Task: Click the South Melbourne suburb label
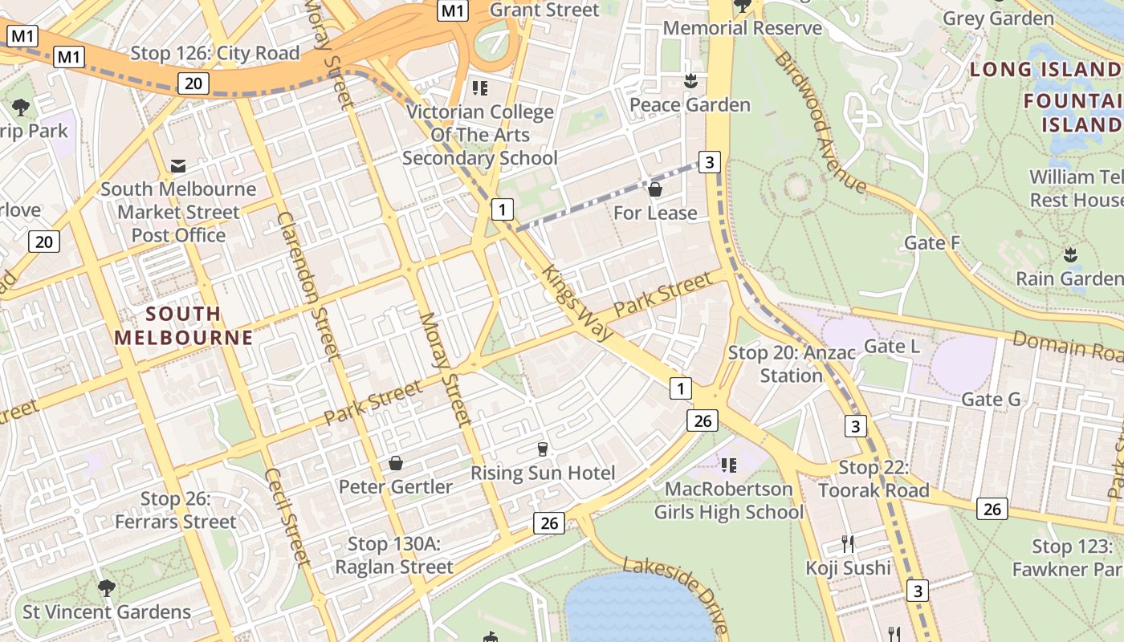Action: (x=183, y=325)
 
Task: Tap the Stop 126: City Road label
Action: (x=214, y=54)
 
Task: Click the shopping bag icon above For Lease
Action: (x=655, y=189)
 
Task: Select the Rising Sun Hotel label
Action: (x=543, y=473)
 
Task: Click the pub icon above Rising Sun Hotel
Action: (x=543, y=449)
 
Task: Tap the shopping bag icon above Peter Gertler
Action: (x=395, y=463)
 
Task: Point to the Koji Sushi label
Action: (x=849, y=567)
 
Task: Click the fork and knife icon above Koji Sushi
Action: (x=848, y=543)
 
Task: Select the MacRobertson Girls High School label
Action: (x=728, y=500)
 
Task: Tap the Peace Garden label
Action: (x=690, y=104)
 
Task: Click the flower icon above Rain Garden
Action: (x=1069, y=255)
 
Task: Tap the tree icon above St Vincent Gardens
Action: (x=106, y=588)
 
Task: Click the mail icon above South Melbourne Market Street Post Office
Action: (x=178, y=166)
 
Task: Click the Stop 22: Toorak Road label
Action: (x=874, y=478)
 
